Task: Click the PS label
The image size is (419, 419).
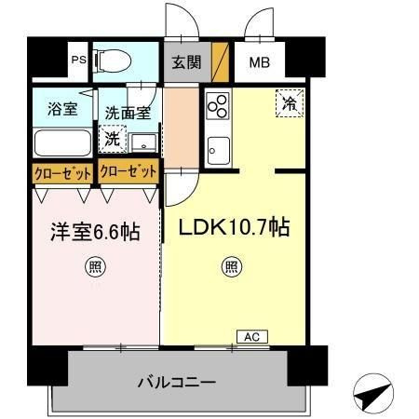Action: (x=79, y=60)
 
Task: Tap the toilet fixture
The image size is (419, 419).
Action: (x=113, y=61)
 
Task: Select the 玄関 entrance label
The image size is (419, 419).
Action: (x=186, y=62)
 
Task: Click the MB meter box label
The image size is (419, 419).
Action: (x=260, y=62)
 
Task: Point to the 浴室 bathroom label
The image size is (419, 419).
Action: (x=62, y=109)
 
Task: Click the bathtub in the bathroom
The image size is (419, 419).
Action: (x=62, y=143)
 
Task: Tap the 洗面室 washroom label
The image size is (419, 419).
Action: (x=128, y=113)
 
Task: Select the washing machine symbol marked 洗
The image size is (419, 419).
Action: (x=113, y=139)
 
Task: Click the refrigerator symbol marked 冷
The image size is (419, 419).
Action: (x=290, y=103)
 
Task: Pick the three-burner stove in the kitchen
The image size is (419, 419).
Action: (x=218, y=106)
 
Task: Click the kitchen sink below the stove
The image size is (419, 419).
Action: (x=219, y=151)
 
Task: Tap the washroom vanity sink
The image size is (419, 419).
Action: (x=143, y=143)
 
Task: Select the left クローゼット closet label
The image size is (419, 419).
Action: (x=63, y=173)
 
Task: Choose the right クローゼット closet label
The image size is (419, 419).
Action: (x=128, y=171)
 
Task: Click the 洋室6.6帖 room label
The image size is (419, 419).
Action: (x=95, y=232)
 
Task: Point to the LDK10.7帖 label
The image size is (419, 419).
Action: (x=235, y=227)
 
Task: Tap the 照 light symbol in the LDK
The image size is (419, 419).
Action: (x=232, y=266)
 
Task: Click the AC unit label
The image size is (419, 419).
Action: (x=252, y=337)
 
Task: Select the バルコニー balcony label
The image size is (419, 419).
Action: (x=177, y=382)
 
